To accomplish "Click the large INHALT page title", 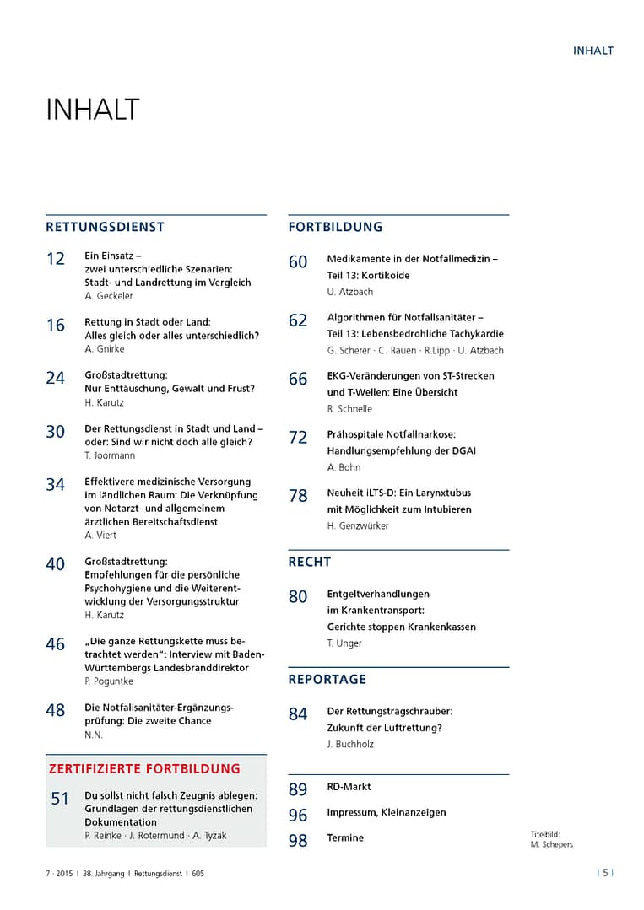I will pyautogui.click(x=92, y=110).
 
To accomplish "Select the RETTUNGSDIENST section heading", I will pyautogui.click(x=106, y=227).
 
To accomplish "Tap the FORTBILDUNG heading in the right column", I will pyautogui.click(x=335, y=227).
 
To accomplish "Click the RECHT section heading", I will pyautogui.click(x=310, y=562).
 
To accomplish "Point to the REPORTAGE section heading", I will pyautogui.click(x=327, y=679).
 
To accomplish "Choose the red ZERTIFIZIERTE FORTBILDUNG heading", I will pyautogui.click(x=144, y=768).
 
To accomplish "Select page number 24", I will pyautogui.click(x=56, y=379).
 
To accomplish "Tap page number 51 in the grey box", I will pyautogui.click(x=60, y=799).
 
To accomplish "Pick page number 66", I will pyautogui.click(x=298, y=380).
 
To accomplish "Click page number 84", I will pyautogui.click(x=298, y=715).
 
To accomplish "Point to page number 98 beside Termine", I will pyautogui.click(x=298, y=841).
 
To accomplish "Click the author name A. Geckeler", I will pyautogui.click(x=109, y=296).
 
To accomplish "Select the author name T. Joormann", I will pyautogui.click(x=111, y=455).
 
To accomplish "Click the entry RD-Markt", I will pyautogui.click(x=349, y=787).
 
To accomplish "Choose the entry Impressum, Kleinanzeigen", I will pyautogui.click(x=387, y=813).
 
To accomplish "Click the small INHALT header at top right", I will pyautogui.click(x=593, y=51).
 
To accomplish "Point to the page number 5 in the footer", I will pyautogui.click(x=605, y=874).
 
